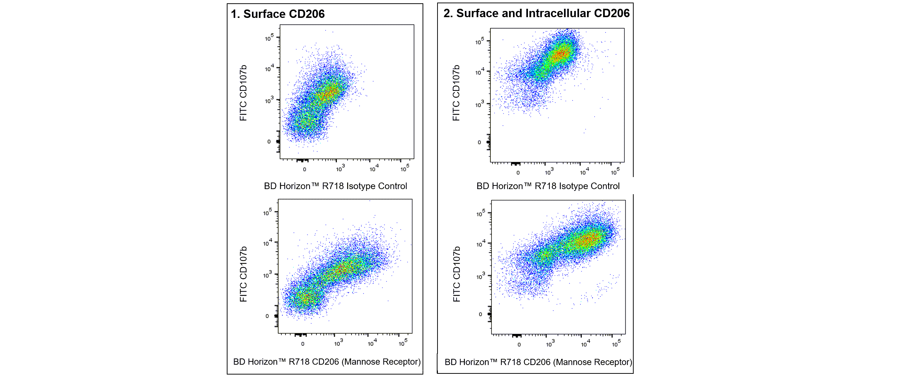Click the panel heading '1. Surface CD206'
(x=277, y=14)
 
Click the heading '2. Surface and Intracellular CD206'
(x=536, y=13)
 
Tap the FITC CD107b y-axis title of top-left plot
(x=243, y=93)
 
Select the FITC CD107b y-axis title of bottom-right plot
(x=456, y=274)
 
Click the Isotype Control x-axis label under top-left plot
(x=335, y=186)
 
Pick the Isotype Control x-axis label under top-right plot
(x=548, y=186)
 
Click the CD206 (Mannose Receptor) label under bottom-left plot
(x=327, y=362)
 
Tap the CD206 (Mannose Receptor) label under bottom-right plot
(x=539, y=362)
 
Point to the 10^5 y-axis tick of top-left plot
(x=269, y=38)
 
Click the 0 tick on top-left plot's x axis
(x=304, y=169)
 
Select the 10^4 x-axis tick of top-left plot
(x=374, y=168)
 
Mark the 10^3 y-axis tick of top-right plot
(x=479, y=104)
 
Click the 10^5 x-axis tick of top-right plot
(x=615, y=172)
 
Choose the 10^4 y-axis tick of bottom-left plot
(x=268, y=243)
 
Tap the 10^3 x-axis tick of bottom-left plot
(x=338, y=343)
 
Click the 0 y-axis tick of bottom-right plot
(x=480, y=314)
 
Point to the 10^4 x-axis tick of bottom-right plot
(x=585, y=344)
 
